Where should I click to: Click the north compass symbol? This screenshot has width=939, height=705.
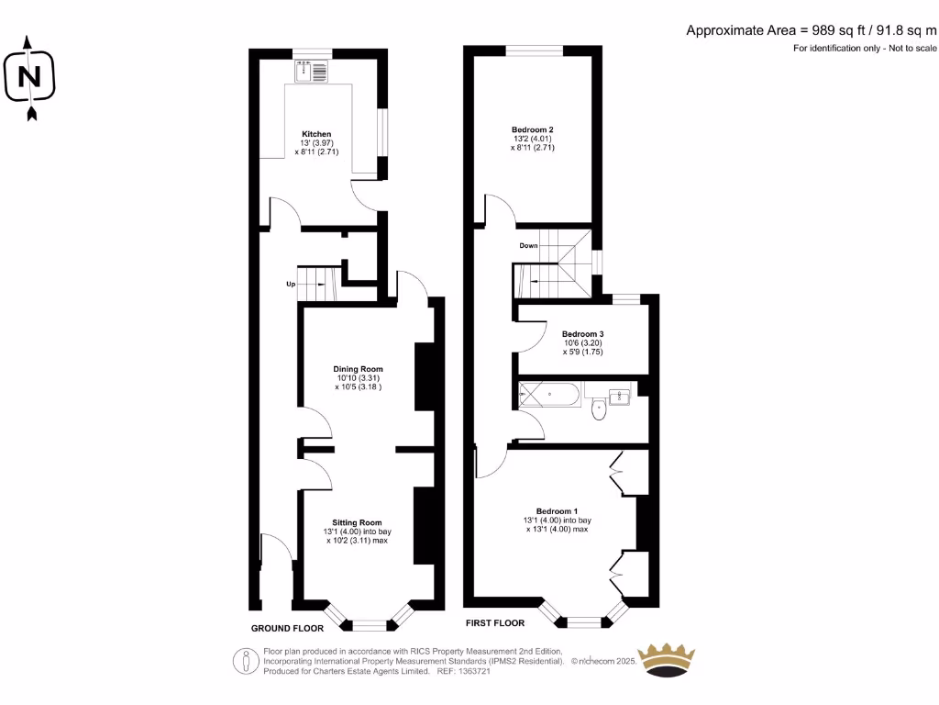tap(30, 77)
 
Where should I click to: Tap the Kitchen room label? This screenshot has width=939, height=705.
tap(317, 134)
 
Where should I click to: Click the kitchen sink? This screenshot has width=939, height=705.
tap(312, 71)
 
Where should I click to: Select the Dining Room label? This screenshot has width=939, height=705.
tap(358, 369)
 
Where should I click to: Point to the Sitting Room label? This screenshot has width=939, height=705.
tap(357, 522)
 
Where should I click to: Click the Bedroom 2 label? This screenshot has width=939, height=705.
tap(533, 129)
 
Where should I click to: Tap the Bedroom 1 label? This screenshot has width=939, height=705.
tap(558, 511)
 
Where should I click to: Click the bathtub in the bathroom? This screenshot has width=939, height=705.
tap(549, 397)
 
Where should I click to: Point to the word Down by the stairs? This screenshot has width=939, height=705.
tap(528, 246)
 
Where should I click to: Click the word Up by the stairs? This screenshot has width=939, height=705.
tap(291, 285)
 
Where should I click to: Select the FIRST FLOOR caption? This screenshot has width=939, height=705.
tap(495, 622)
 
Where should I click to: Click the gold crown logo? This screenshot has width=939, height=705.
tap(667, 661)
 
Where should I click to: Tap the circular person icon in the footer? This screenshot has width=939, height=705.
tap(245, 660)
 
